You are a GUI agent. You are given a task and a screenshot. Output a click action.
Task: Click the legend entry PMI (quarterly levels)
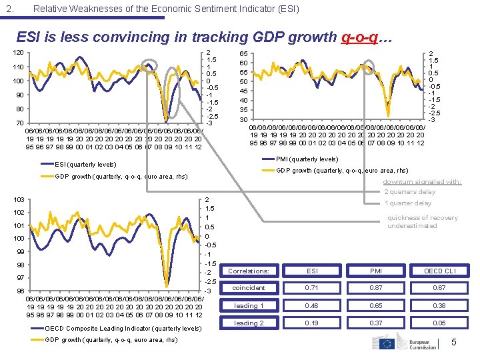click(x=307, y=159)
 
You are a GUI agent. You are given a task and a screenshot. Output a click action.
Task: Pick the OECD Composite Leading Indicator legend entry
click(x=123, y=328)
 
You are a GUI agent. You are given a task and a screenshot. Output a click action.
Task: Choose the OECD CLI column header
click(x=441, y=271)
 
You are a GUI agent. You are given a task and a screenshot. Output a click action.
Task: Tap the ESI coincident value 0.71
click(x=311, y=288)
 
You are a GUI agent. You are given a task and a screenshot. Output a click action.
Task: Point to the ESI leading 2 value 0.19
click(x=311, y=323)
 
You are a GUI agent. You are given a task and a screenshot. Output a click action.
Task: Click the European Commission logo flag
click(x=387, y=343)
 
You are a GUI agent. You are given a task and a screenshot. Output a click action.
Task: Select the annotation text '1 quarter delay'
click(x=409, y=203)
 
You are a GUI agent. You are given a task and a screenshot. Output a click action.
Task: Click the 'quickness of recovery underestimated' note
click(x=423, y=222)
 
